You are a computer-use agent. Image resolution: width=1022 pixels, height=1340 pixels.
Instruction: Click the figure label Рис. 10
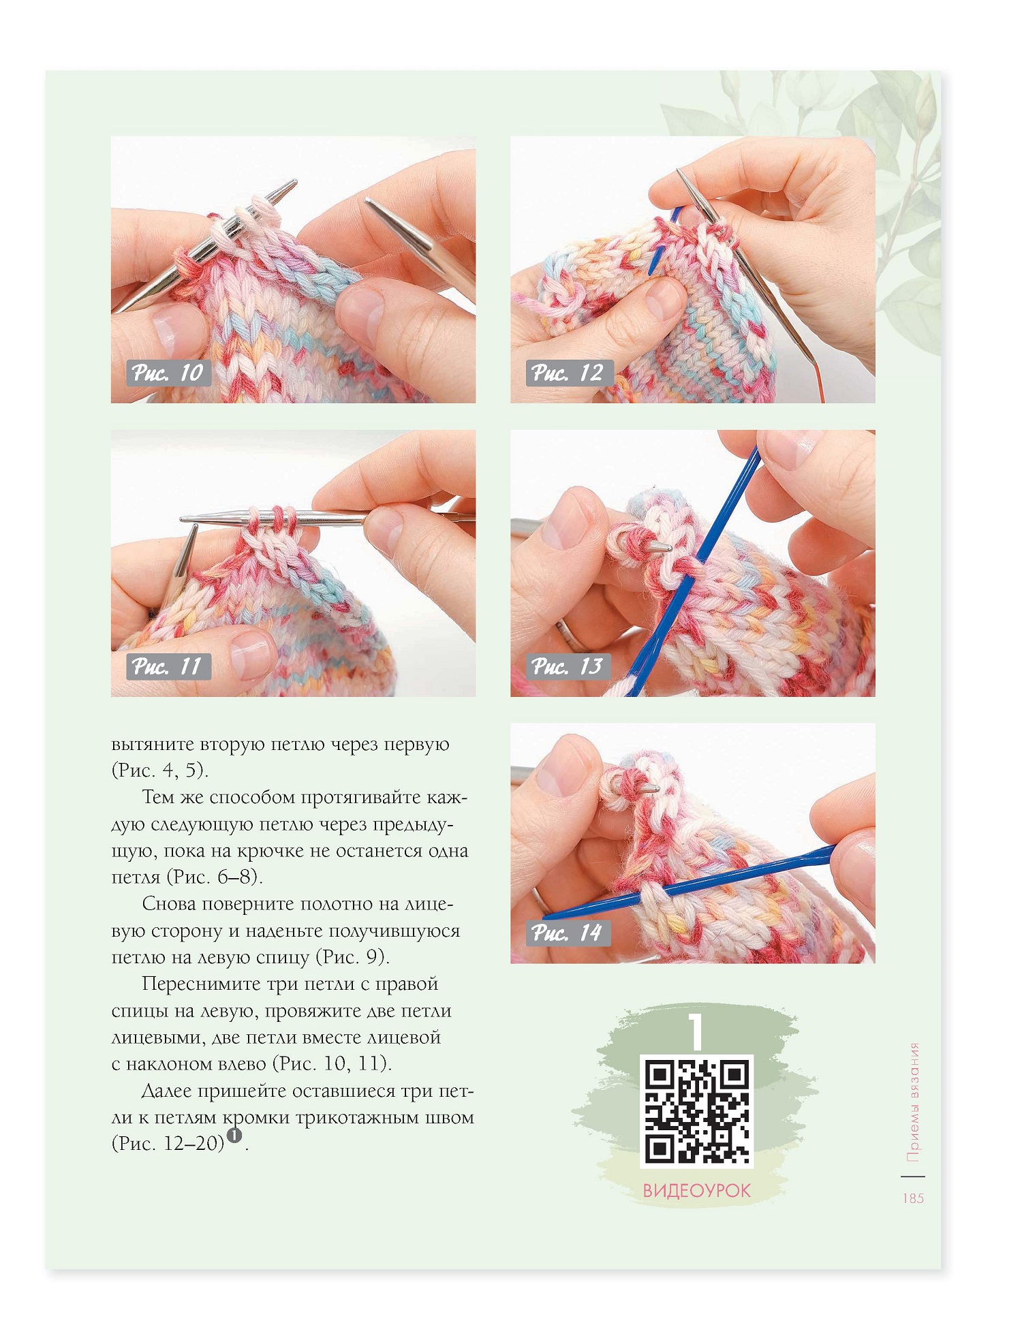coord(168,373)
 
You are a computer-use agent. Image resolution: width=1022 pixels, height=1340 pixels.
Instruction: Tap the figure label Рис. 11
coord(168,666)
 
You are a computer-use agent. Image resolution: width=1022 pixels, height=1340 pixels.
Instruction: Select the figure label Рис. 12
coord(568,373)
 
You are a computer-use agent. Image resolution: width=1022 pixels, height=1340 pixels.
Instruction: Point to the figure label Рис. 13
coord(568,666)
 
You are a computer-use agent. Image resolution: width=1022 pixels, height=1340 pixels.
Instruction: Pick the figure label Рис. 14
coord(568,932)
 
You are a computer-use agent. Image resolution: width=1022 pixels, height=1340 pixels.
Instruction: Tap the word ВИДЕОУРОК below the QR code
coord(696,1191)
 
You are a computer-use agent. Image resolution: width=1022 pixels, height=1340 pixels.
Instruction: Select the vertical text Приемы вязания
coord(913,1102)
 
